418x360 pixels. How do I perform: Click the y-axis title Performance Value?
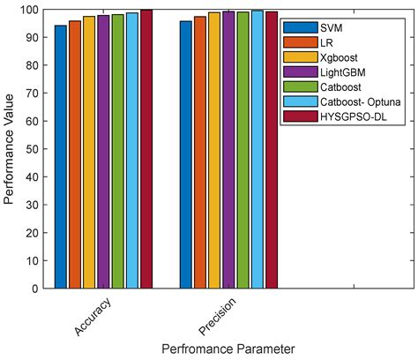tap(9, 148)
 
